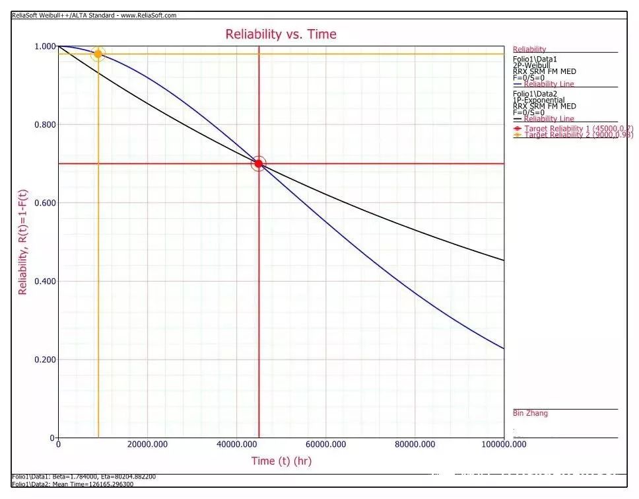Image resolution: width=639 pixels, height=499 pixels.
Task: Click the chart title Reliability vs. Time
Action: click(281, 34)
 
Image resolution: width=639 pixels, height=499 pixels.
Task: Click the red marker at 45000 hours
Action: click(259, 163)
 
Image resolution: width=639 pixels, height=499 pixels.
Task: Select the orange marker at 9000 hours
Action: click(98, 54)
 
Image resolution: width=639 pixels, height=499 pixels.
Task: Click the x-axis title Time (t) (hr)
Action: click(281, 460)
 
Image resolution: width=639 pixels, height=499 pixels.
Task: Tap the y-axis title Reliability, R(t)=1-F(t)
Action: click(22, 241)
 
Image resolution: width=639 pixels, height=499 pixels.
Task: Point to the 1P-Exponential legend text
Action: click(538, 100)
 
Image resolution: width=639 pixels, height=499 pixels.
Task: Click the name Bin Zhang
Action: click(530, 413)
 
